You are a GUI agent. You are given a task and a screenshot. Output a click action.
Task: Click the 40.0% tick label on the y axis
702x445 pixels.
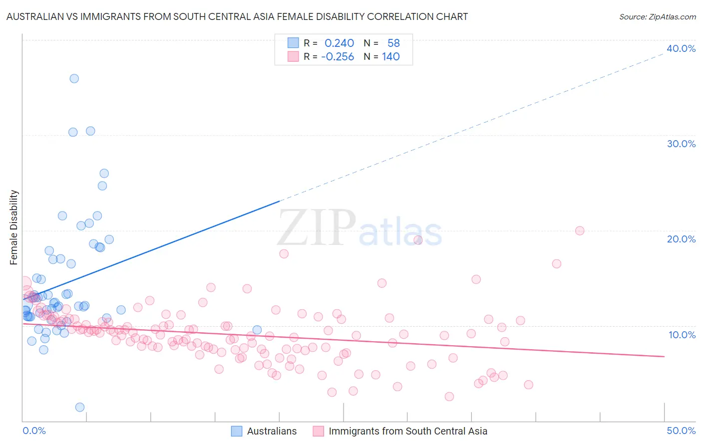[x=681, y=48]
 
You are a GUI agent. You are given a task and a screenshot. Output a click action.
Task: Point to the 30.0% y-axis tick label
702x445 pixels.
[x=681, y=144]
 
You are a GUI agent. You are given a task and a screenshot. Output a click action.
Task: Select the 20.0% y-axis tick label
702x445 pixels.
[x=681, y=239]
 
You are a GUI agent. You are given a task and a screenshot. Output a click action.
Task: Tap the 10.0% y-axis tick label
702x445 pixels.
[x=682, y=335]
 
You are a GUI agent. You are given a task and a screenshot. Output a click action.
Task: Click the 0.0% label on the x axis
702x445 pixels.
[x=34, y=431]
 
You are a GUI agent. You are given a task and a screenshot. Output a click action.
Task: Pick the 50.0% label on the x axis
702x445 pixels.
[x=681, y=431]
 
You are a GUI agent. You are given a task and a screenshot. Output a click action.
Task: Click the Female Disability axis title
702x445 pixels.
[x=14, y=227]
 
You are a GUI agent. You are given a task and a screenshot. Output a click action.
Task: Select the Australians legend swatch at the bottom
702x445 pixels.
[x=237, y=431]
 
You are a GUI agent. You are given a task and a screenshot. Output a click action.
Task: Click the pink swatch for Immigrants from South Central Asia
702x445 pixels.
[x=318, y=431]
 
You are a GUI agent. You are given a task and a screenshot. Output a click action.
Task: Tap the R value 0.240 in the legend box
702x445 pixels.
[x=339, y=43]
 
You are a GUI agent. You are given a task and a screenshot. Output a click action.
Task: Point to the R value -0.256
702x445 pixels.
[x=338, y=57]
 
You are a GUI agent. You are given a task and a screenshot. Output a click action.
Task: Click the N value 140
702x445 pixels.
[x=391, y=57]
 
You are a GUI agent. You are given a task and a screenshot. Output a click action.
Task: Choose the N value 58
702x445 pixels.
[x=393, y=43]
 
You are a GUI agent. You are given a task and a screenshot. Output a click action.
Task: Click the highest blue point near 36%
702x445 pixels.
[x=74, y=78]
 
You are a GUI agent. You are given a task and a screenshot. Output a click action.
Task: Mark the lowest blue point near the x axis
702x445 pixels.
[x=79, y=407]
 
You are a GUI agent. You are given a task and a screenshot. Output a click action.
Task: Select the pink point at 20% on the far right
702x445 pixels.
[x=580, y=230]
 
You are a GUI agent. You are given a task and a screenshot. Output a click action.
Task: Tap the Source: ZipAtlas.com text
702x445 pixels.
[x=657, y=17]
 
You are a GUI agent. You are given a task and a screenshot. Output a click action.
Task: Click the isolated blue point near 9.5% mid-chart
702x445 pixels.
[x=257, y=330]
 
